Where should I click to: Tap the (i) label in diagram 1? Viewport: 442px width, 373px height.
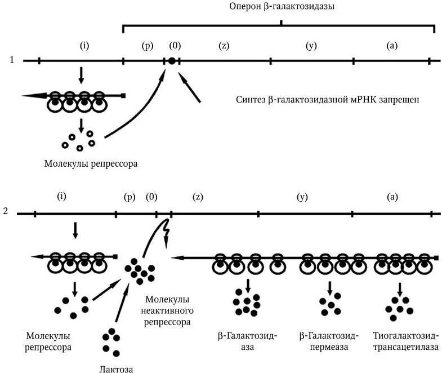pyautogui.click(x=85, y=46)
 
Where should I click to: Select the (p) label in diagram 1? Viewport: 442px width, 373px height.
pyautogui.click(x=148, y=46)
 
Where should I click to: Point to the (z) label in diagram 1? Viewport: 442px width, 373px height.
pyautogui.click(x=224, y=46)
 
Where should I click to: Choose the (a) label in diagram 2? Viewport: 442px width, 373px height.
pyautogui.click(x=392, y=197)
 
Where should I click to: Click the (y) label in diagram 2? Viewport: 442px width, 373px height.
pyautogui.click(x=303, y=197)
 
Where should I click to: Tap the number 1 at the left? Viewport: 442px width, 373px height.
pyautogui.click(x=12, y=60)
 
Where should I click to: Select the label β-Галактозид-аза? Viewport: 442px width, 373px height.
pyautogui.click(x=247, y=341)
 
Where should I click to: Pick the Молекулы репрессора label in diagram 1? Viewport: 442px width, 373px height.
pyautogui.click(x=91, y=164)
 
